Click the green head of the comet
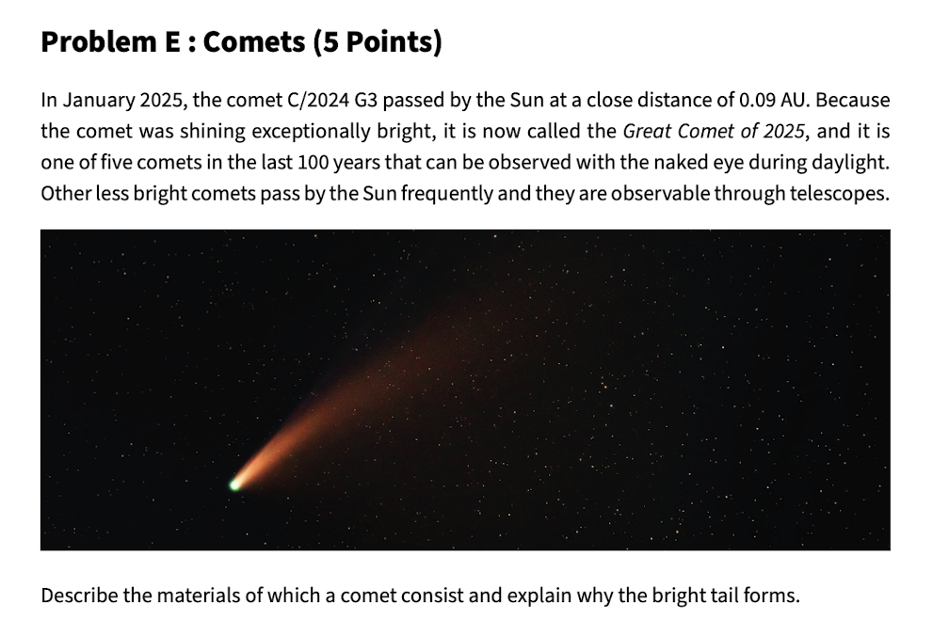point(234,485)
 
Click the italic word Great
point(648,132)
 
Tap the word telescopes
point(839,194)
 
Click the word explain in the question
point(541,596)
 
